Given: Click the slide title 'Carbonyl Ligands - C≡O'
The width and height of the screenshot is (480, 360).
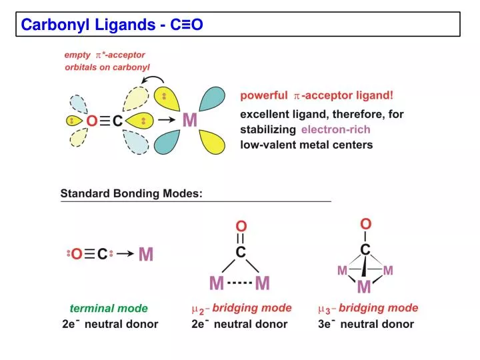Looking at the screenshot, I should pyautogui.click(x=112, y=25).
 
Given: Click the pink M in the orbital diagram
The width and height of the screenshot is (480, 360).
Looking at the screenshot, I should pyautogui.click(x=190, y=120).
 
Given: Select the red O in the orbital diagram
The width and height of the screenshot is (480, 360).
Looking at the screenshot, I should pyautogui.click(x=91, y=121).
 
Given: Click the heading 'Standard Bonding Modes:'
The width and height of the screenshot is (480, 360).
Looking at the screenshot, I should pyautogui.click(x=131, y=194).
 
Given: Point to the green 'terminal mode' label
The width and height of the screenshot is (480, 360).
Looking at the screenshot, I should pyautogui.click(x=109, y=308).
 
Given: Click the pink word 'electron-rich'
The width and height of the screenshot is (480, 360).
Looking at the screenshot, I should pyautogui.click(x=335, y=129).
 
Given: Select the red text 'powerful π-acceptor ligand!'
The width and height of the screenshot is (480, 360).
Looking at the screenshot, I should pyautogui.click(x=317, y=95).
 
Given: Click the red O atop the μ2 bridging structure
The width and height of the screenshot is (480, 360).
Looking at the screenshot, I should pyautogui.click(x=241, y=226).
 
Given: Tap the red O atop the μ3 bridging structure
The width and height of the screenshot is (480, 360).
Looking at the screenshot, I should pyautogui.click(x=365, y=223).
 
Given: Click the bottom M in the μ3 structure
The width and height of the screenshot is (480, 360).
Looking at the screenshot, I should pyautogui.click(x=364, y=287).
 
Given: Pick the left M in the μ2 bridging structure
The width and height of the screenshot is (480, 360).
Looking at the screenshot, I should pyautogui.click(x=217, y=284).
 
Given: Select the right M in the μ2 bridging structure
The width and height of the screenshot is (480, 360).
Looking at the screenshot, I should pyautogui.click(x=262, y=284).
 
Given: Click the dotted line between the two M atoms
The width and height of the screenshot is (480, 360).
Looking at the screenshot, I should pyautogui.click(x=239, y=283).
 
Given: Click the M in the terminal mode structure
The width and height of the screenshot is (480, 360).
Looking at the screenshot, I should pyautogui.click(x=145, y=254).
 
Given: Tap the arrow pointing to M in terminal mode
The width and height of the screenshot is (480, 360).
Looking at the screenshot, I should pyautogui.click(x=125, y=254).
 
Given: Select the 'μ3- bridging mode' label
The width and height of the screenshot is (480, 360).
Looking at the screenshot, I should pyautogui.click(x=368, y=308).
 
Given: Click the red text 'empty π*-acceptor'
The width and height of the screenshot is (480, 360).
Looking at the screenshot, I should pyautogui.click(x=105, y=55).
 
